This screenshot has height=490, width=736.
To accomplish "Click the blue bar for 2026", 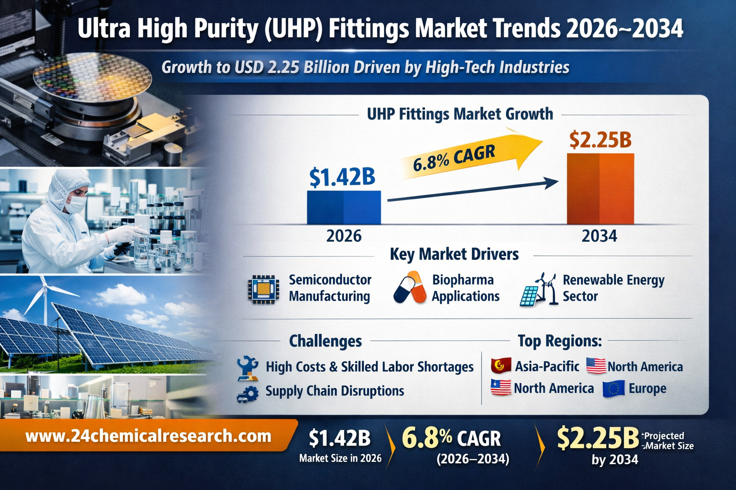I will coord(344,207).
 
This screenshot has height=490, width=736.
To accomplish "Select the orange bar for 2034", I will coord(600,189).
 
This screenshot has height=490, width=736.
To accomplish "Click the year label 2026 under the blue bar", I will coord(344,236).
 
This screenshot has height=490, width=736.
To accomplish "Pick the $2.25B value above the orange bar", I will coord(600,139).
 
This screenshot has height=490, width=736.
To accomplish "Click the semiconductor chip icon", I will coord(264,289).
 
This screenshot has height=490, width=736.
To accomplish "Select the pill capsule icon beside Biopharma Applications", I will coord(410,288).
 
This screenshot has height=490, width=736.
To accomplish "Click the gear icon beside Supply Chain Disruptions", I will coord(247,393).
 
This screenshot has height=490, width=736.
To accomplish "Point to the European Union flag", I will coord(613,389).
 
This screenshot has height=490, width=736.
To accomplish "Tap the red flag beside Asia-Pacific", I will coord(501,366).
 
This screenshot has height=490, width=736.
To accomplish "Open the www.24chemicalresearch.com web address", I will coord(148,436).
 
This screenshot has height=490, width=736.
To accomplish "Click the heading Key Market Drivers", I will coord(454,254).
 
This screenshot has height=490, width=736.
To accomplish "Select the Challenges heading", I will coord(325,341).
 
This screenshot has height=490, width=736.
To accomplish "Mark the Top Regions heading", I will coord(559,341).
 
